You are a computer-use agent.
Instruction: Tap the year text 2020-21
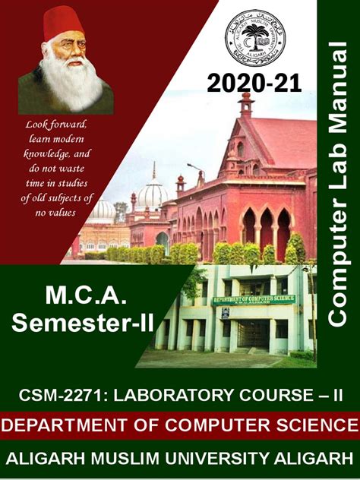coord(254,82)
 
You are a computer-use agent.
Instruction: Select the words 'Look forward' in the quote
coord(57,123)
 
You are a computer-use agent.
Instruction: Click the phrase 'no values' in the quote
coord(57,213)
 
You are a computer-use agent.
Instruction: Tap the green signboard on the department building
coord(254,299)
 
